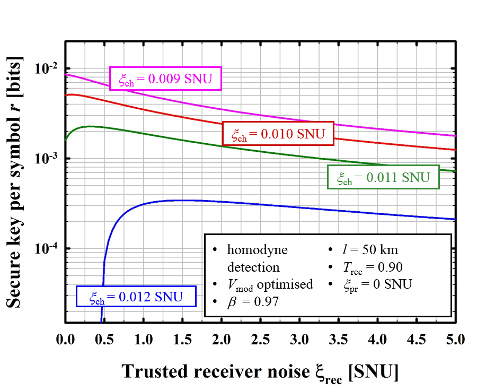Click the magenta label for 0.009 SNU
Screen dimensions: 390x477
165,79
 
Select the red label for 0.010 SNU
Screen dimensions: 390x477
278,133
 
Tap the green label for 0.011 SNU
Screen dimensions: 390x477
384,177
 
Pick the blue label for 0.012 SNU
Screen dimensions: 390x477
136,296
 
